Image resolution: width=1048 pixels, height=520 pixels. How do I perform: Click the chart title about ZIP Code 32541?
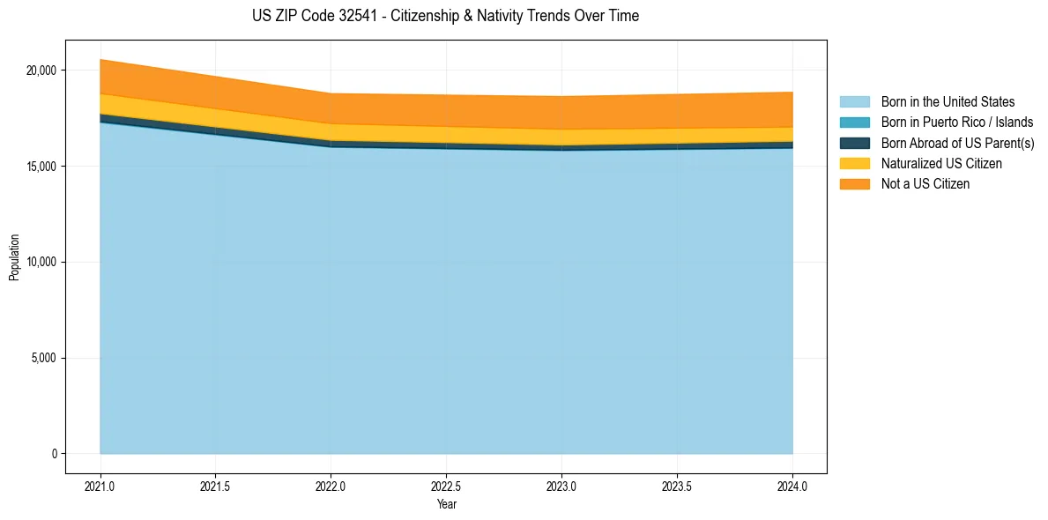(x=445, y=16)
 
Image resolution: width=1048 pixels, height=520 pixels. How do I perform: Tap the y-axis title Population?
(x=14, y=257)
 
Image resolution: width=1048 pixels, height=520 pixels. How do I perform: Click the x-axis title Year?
(x=446, y=504)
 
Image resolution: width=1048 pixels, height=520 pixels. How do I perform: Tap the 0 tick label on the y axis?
(x=54, y=454)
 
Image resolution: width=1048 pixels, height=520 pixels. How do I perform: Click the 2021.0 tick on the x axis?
(x=100, y=486)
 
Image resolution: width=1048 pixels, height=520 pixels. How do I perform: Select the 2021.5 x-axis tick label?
(x=215, y=486)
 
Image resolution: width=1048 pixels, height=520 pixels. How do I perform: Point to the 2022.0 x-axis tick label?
(x=331, y=486)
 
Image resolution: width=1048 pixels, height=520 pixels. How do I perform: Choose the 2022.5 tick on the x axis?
(x=446, y=486)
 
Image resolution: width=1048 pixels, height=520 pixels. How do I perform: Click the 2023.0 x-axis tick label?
(x=561, y=486)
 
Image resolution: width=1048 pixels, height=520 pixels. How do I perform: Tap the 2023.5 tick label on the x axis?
(x=677, y=486)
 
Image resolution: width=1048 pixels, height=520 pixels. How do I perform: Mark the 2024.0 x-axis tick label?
(x=792, y=486)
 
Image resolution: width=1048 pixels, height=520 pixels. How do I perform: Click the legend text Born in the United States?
(x=948, y=102)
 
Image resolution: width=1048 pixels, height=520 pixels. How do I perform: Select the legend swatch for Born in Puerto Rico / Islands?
(x=854, y=123)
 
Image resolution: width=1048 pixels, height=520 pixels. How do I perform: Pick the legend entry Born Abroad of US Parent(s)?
(x=957, y=143)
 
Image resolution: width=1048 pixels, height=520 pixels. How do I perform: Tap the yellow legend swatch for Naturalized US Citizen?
(x=854, y=163)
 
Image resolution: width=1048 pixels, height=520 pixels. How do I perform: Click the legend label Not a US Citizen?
(x=925, y=183)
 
